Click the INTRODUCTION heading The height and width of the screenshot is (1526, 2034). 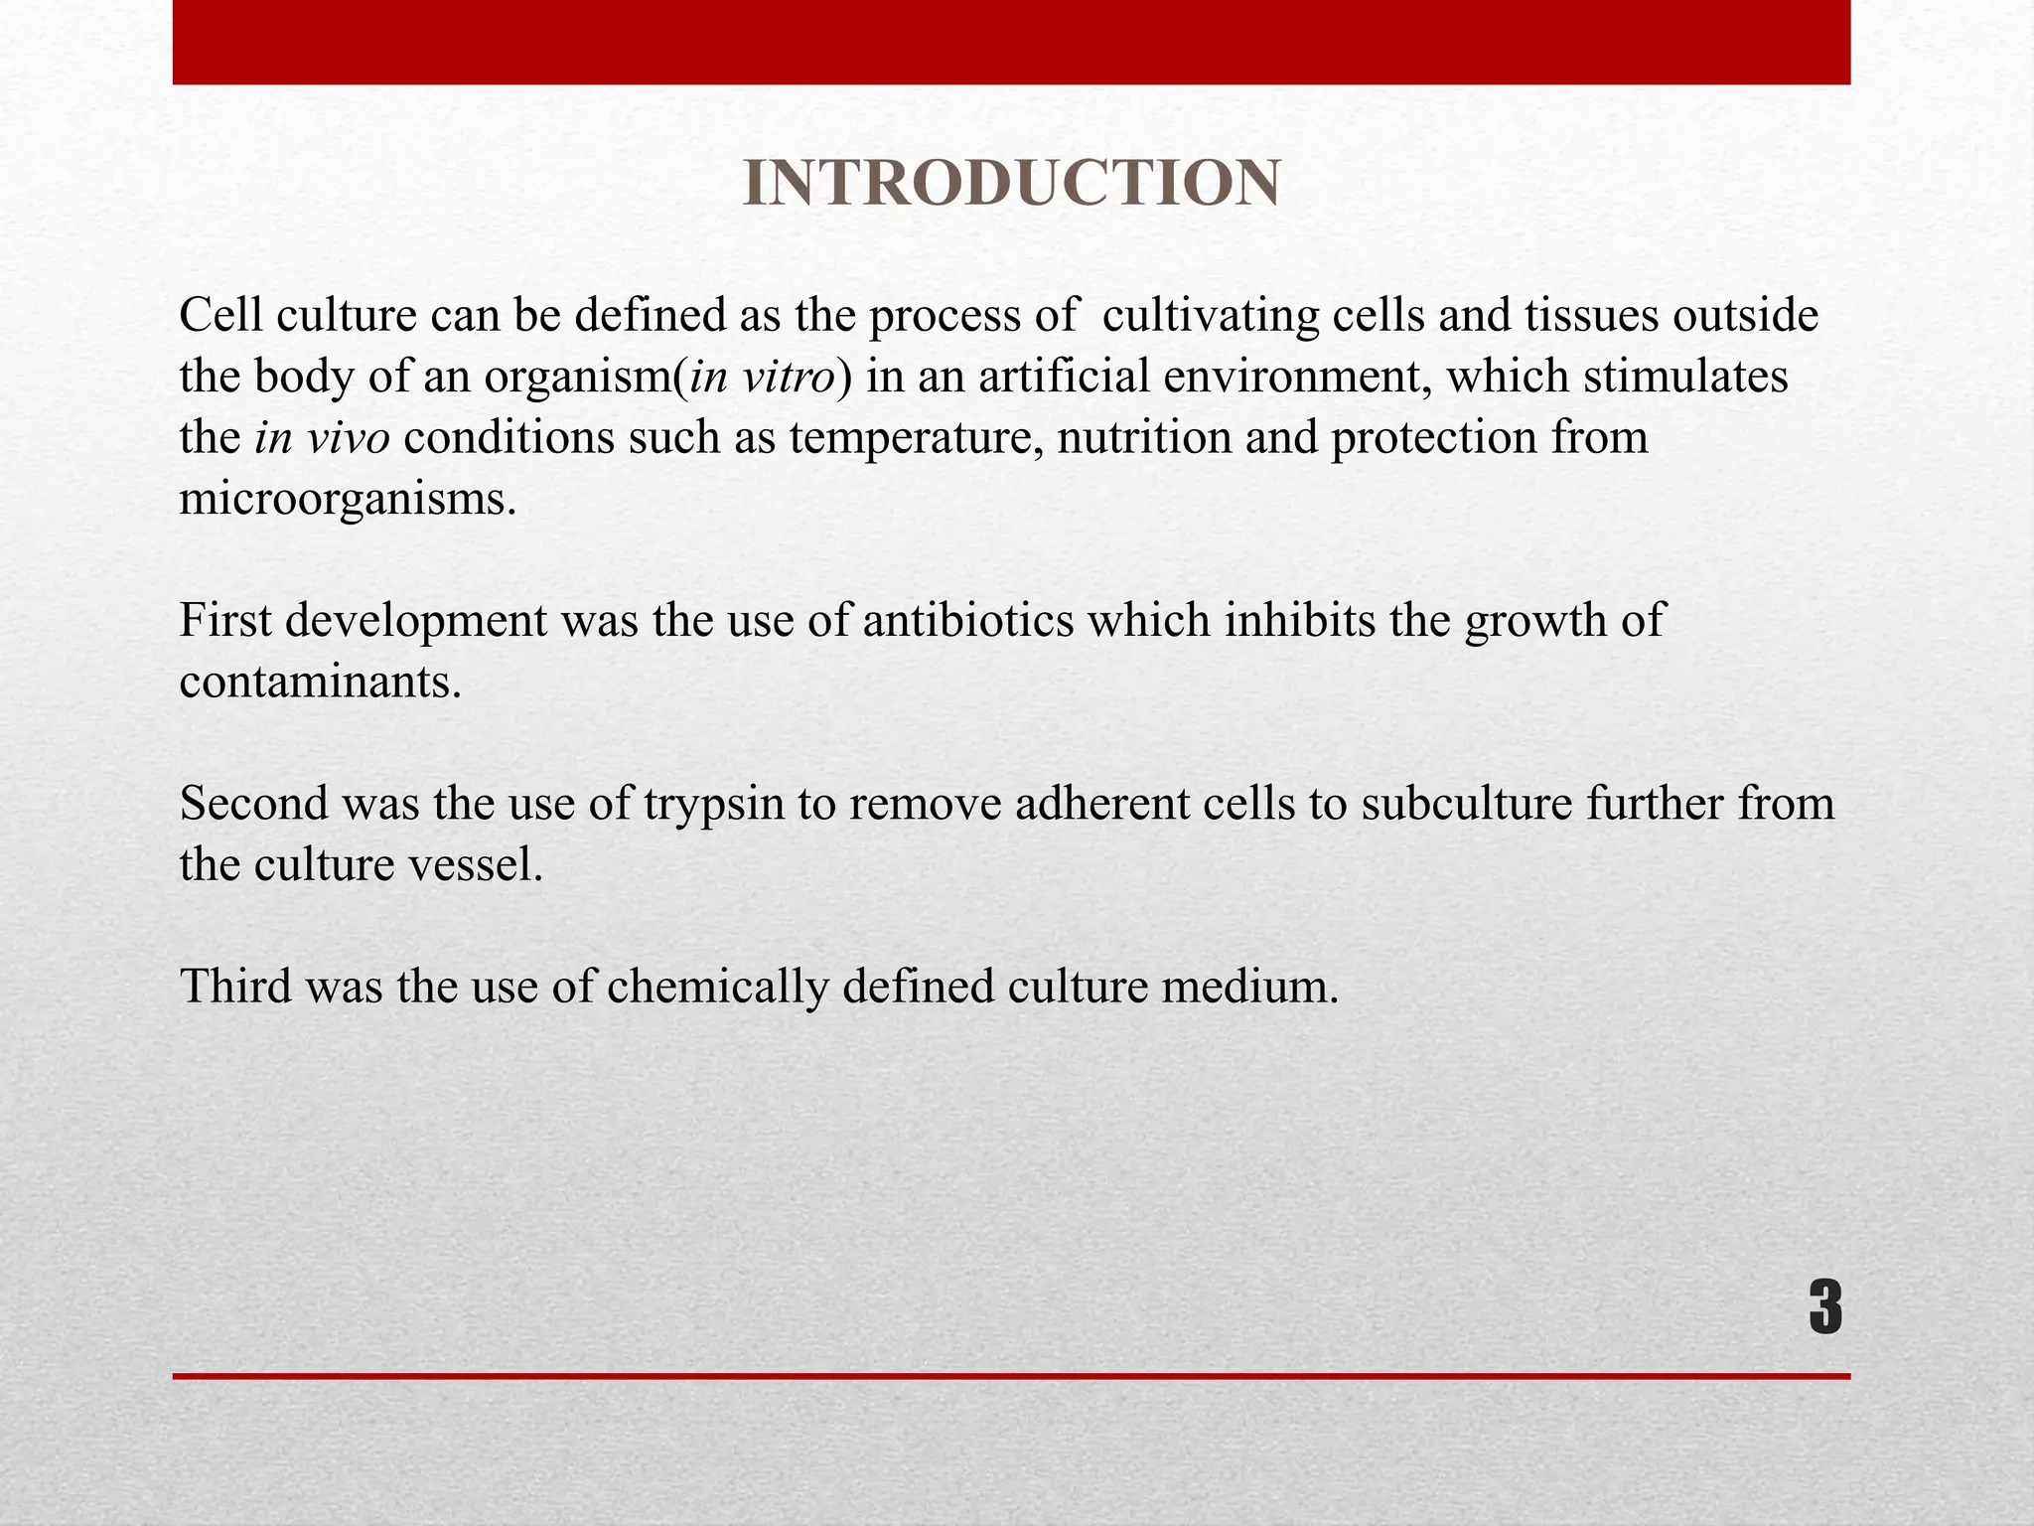(1011, 184)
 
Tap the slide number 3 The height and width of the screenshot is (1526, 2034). (1824, 1308)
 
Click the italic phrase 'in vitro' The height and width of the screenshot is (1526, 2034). (762, 378)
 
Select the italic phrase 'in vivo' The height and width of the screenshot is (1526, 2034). (322, 438)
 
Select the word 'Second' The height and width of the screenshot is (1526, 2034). (253, 804)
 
